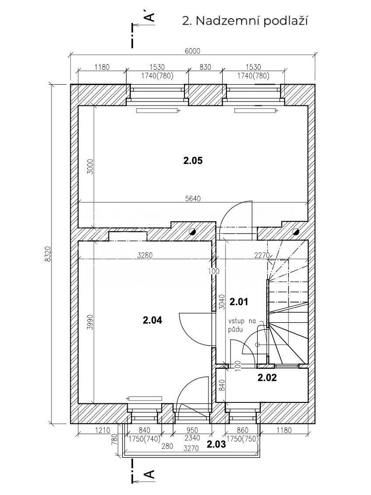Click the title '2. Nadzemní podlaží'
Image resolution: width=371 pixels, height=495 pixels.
245,21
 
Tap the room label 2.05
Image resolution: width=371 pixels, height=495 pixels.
192,161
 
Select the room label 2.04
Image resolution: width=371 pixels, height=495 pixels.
152,320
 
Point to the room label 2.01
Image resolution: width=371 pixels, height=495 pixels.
239,302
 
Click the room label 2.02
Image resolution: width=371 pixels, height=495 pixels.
267,378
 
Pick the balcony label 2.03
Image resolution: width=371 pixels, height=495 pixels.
217,445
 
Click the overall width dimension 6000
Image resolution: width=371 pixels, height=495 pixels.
192,51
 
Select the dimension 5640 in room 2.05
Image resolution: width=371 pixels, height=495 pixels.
193,198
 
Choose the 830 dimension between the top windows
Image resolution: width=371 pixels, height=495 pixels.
205,67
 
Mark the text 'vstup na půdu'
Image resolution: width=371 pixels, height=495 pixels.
241,326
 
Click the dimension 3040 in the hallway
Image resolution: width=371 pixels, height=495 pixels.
222,302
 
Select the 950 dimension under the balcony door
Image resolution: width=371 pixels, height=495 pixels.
192,430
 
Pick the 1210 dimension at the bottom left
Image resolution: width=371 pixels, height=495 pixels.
102,430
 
